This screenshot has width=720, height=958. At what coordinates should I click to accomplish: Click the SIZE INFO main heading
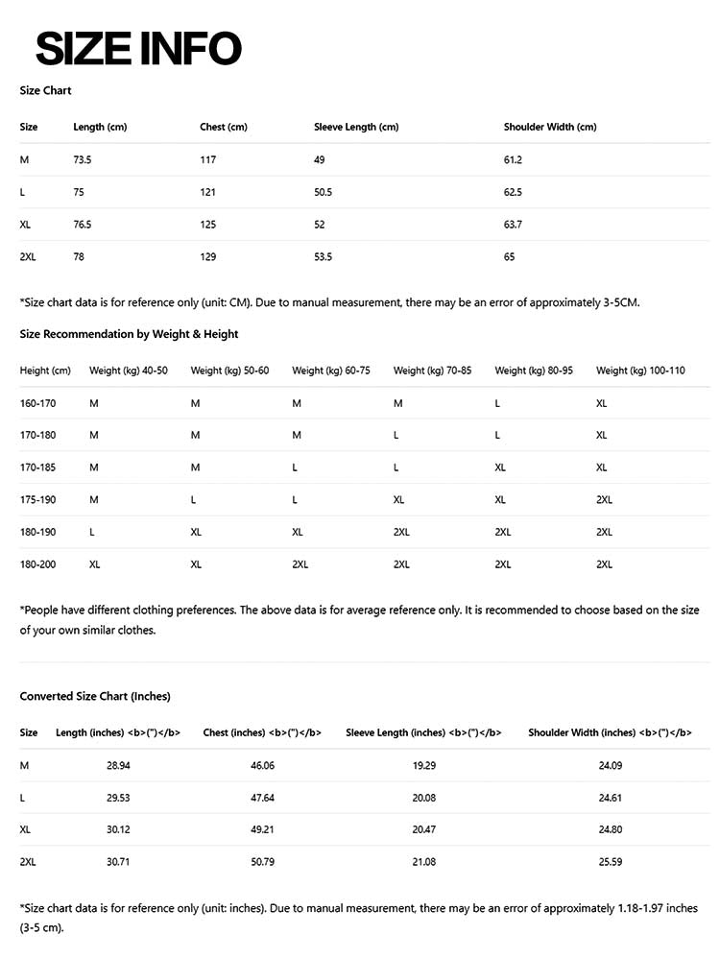[138, 49]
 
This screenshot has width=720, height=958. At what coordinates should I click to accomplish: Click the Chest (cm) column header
[223, 127]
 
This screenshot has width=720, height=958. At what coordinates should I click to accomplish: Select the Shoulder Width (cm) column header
[549, 127]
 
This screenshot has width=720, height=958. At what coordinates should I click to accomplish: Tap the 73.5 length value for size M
[83, 159]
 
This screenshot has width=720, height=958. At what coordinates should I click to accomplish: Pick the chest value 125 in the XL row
[208, 225]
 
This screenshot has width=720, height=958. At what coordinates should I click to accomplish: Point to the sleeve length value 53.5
[323, 257]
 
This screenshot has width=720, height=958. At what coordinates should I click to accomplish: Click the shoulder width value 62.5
[513, 192]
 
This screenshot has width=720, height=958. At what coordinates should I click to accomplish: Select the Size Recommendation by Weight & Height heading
[129, 334]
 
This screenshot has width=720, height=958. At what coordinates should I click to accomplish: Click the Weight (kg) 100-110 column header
[640, 371]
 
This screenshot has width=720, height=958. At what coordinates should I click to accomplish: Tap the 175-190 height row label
[37, 499]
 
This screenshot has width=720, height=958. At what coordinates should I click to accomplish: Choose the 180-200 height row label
[37, 564]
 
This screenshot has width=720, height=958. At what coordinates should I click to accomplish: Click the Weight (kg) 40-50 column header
[129, 371]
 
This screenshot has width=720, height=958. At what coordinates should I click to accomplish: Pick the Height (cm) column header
[45, 371]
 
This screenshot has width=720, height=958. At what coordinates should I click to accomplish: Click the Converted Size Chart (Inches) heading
[95, 696]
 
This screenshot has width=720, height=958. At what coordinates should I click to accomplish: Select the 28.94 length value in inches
[118, 765]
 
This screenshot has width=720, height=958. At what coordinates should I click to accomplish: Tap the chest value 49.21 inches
[262, 829]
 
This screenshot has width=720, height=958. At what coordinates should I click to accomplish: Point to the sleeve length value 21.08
[423, 862]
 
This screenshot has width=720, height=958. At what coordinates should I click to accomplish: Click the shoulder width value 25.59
[611, 862]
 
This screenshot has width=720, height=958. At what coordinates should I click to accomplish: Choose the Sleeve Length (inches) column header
[423, 732]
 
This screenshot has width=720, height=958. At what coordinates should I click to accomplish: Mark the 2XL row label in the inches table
[28, 862]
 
